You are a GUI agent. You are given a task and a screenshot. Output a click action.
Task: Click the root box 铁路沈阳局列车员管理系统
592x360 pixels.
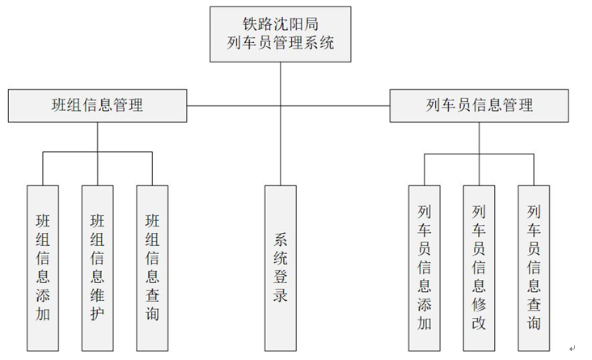pyautogui.click(x=281, y=34)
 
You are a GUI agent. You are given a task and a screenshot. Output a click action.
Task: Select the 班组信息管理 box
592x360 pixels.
pyautogui.click(x=97, y=105)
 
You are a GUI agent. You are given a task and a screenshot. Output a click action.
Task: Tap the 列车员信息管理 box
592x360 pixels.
pyautogui.click(x=479, y=105)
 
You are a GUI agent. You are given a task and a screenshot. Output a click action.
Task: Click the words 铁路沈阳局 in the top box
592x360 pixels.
pyautogui.click(x=281, y=23)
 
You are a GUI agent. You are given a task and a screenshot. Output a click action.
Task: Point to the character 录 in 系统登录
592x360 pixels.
pyautogui.click(x=281, y=295)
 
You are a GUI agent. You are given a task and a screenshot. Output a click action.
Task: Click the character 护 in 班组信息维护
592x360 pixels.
pyautogui.click(x=97, y=313)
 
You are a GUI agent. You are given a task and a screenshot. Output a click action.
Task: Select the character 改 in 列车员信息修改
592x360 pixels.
pyautogui.click(x=479, y=323)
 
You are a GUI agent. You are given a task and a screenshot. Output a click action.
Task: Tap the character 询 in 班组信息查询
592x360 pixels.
pyautogui.click(x=152, y=313)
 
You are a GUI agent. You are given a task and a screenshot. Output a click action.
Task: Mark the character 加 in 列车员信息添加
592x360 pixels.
pyautogui.click(x=425, y=323)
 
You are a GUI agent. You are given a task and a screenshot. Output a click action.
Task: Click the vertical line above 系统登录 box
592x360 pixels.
pyautogui.click(x=281, y=146)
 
